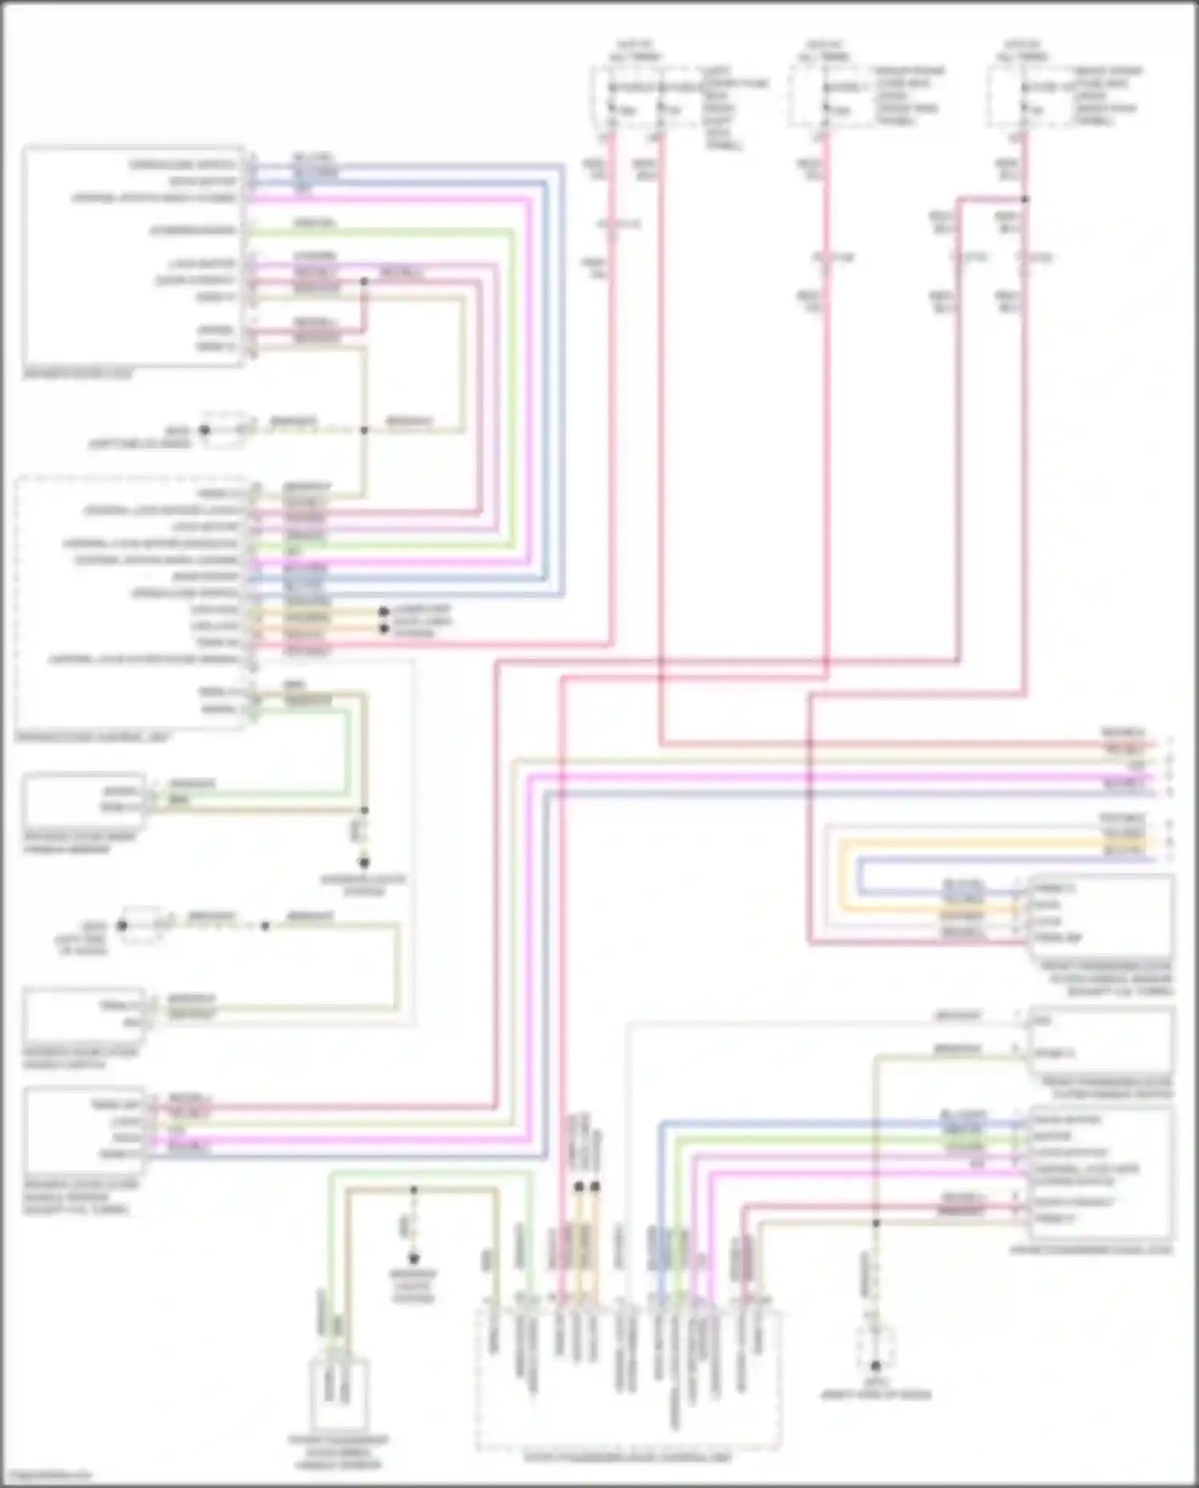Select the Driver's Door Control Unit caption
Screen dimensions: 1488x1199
[x=92, y=736]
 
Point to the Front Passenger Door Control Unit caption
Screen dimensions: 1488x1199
[x=627, y=1458]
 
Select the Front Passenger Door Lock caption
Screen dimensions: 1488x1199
[x=1091, y=1249]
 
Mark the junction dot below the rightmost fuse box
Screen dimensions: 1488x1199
[x=1026, y=199]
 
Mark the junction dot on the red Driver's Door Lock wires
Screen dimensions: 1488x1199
[x=364, y=281]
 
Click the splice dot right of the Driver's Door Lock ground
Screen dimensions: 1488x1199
[x=364, y=430]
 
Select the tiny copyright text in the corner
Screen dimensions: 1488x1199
[x=46, y=1475]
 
